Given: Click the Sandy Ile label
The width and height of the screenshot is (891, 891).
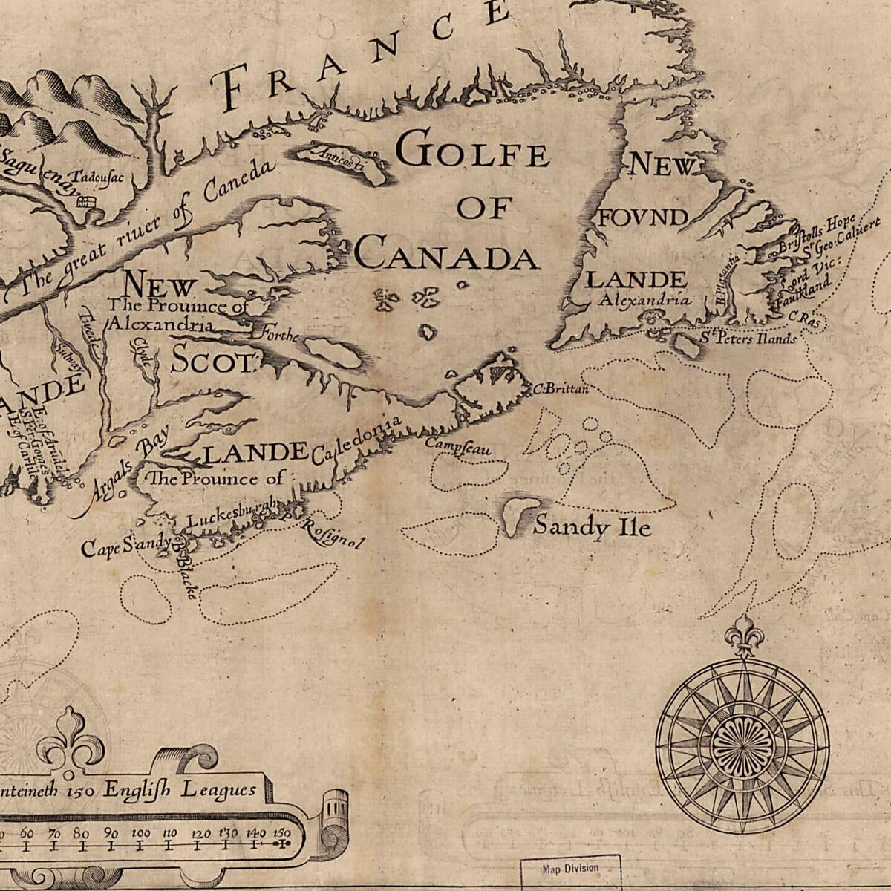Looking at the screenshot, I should click(x=592, y=527).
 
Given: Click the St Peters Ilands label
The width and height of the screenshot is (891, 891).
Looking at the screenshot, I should click(x=748, y=339).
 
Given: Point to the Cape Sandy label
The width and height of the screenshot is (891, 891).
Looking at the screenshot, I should click(x=126, y=546).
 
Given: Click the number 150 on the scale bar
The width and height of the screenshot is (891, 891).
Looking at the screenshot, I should click(x=281, y=832).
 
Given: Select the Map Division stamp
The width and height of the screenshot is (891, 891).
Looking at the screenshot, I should click(x=570, y=869).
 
